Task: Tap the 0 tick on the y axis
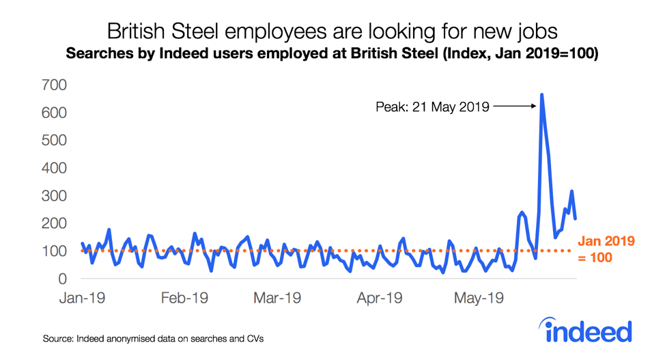(61, 279)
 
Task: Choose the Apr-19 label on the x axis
(380, 299)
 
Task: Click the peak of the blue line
(542, 95)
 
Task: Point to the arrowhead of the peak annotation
(533, 106)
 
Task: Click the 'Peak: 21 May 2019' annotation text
(432, 107)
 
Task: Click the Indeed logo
(588, 330)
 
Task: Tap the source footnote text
(152, 339)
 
